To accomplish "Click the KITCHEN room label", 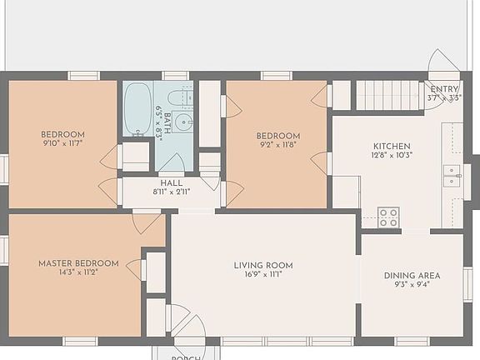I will [392, 145].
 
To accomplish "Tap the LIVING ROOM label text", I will [262, 266].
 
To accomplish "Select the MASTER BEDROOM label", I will [78, 263].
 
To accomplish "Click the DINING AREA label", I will [412, 276].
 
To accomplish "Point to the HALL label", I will [171, 182].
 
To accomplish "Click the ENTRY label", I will [444, 88].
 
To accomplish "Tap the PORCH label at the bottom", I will [186, 357].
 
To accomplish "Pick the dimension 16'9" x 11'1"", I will [262, 276].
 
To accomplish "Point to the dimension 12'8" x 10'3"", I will [392, 154].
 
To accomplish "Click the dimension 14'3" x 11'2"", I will [78, 272].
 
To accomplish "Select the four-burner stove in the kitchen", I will [388, 217].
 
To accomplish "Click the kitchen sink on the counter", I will [452, 176].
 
